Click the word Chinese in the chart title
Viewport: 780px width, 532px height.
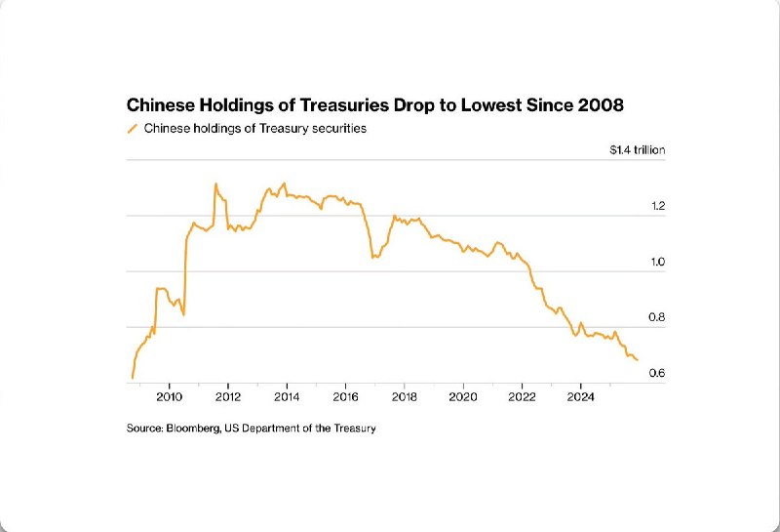click(x=159, y=104)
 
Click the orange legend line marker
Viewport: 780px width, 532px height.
click(x=133, y=129)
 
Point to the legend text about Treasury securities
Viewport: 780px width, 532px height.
click(x=255, y=129)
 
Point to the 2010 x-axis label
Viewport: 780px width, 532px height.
click(x=169, y=397)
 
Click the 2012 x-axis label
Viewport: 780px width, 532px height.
click(x=228, y=397)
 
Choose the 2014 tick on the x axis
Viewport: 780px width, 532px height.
click(x=287, y=397)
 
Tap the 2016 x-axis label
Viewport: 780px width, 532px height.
click(x=346, y=397)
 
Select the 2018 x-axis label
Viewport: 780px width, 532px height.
click(x=405, y=397)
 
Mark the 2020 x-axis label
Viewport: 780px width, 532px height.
click(x=463, y=397)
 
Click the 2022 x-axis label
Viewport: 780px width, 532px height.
click(x=523, y=397)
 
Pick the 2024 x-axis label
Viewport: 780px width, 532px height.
click(x=581, y=397)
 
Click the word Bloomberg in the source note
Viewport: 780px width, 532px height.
click(x=194, y=429)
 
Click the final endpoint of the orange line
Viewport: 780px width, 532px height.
click(x=638, y=360)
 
